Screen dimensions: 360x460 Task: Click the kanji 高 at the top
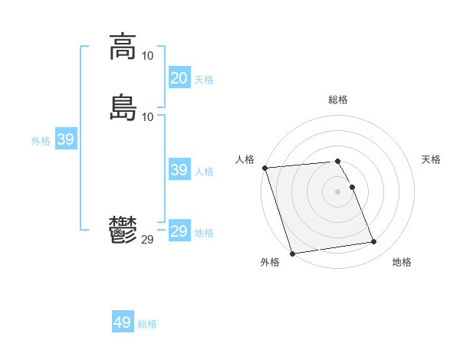pyautogui.click(x=123, y=47)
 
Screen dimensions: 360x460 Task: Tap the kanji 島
pyautogui.click(x=123, y=107)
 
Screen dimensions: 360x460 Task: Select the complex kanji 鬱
pyautogui.click(x=123, y=231)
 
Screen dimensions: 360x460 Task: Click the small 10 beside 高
pyautogui.click(x=147, y=56)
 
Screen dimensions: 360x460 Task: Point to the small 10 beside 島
pyautogui.click(x=147, y=116)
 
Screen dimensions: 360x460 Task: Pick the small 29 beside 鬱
pyautogui.click(x=147, y=240)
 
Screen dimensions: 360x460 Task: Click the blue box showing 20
pyautogui.click(x=179, y=78)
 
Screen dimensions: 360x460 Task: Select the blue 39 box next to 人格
pyautogui.click(x=179, y=170)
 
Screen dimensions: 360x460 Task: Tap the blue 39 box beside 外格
pyautogui.click(x=65, y=139)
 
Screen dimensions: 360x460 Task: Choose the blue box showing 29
pyautogui.click(x=179, y=231)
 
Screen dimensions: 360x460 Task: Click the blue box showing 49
pyautogui.click(x=123, y=322)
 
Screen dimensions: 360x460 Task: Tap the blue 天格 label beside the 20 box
pyautogui.click(x=204, y=80)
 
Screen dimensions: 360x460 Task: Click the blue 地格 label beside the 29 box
pyautogui.click(x=204, y=233)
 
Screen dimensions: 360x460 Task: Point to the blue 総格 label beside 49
pyautogui.click(x=147, y=324)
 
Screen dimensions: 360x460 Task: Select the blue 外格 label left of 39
pyautogui.click(x=41, y=141)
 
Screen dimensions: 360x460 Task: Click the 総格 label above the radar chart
pyautogui.click(x=338, y=100)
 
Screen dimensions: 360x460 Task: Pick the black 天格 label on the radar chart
pyautogui.click(x=431, y=159)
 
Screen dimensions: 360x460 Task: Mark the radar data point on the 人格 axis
pyautogui.click(x=264, y=168)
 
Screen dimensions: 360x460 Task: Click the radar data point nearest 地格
pyautogui.click(x=373, y=242)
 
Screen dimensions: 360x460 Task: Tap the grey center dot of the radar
pyautogui.click(x=338, y=191)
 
